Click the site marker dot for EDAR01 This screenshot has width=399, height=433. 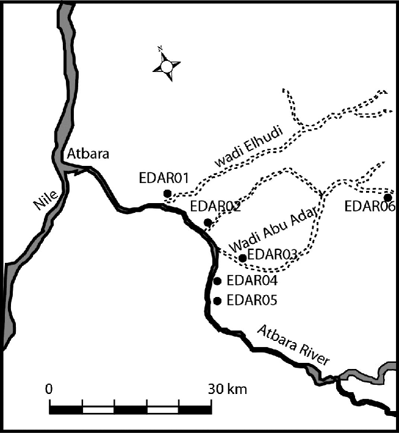click(167, 194)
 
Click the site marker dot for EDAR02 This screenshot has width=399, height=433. click(208, 222)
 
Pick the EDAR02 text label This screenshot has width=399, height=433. click(215, 207)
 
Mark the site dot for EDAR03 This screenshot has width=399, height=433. click(243, 258)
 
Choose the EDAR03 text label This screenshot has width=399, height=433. click(271, 254)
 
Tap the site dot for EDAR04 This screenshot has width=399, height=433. click(217, 281)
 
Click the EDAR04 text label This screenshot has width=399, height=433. click(251, 281)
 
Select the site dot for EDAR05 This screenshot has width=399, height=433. click(217, 300)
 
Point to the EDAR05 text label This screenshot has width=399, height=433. click(251, 300)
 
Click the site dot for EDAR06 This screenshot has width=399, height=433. click(387, 197)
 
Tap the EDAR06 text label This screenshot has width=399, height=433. click(370, 206)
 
